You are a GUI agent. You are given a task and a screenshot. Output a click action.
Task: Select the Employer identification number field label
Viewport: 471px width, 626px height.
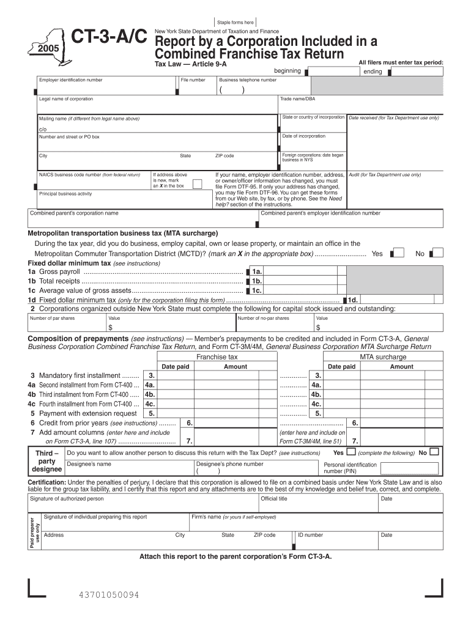click(x=70, y=80)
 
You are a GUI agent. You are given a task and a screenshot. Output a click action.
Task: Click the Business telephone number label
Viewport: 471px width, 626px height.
click(x=248, y=80)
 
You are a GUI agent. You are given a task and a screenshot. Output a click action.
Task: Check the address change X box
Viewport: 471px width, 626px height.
click(x=197, y=184)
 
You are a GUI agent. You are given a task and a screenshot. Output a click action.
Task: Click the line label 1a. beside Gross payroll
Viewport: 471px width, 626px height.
click(x=258, y=271)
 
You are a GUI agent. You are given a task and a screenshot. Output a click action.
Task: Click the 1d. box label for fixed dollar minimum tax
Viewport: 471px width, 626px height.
click(x=353, y=300)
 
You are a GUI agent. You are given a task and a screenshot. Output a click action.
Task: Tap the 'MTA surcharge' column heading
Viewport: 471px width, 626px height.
click(x=383, y=357)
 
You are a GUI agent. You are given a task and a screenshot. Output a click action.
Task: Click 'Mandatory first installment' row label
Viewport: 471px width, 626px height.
click(x=80, y=375)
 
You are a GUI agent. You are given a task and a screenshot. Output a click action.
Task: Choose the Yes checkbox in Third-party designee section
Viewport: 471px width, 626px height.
click(x=351, y=452)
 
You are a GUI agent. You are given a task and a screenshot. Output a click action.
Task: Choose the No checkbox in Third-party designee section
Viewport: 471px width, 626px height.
click(x=434, y=452)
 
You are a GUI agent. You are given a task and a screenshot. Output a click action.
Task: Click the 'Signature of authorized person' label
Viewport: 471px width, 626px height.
click(x=67, y=499)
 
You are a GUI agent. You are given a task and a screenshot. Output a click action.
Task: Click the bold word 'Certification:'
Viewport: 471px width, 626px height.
click(x=49, y=482)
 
